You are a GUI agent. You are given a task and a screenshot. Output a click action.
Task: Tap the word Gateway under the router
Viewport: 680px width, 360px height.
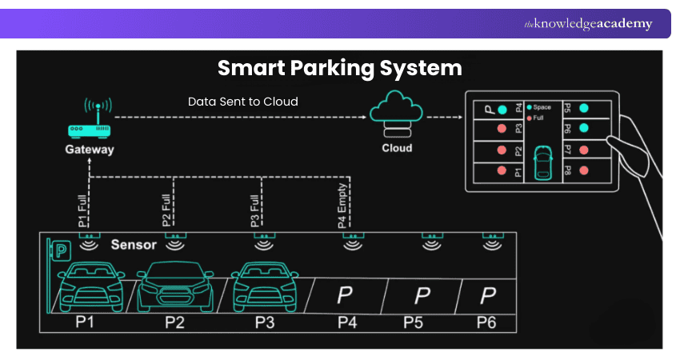90,150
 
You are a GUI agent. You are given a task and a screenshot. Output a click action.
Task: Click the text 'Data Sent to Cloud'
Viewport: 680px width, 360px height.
243,102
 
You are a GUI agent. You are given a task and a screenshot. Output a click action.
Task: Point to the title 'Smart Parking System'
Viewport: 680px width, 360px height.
340,67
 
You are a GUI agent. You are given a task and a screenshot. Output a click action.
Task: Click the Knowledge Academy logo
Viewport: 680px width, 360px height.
587,24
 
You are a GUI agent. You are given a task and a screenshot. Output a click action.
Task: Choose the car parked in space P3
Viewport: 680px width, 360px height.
262,289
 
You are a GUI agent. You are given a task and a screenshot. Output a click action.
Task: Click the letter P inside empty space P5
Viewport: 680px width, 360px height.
422,296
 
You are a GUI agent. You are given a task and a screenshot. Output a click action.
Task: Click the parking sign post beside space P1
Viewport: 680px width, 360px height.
58,272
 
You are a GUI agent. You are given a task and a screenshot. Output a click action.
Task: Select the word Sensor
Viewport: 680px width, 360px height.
133,245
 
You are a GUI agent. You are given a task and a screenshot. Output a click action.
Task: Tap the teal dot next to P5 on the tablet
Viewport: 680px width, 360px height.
584,108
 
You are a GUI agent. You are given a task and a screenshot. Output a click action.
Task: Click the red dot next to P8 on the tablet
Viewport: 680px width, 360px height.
584,170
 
